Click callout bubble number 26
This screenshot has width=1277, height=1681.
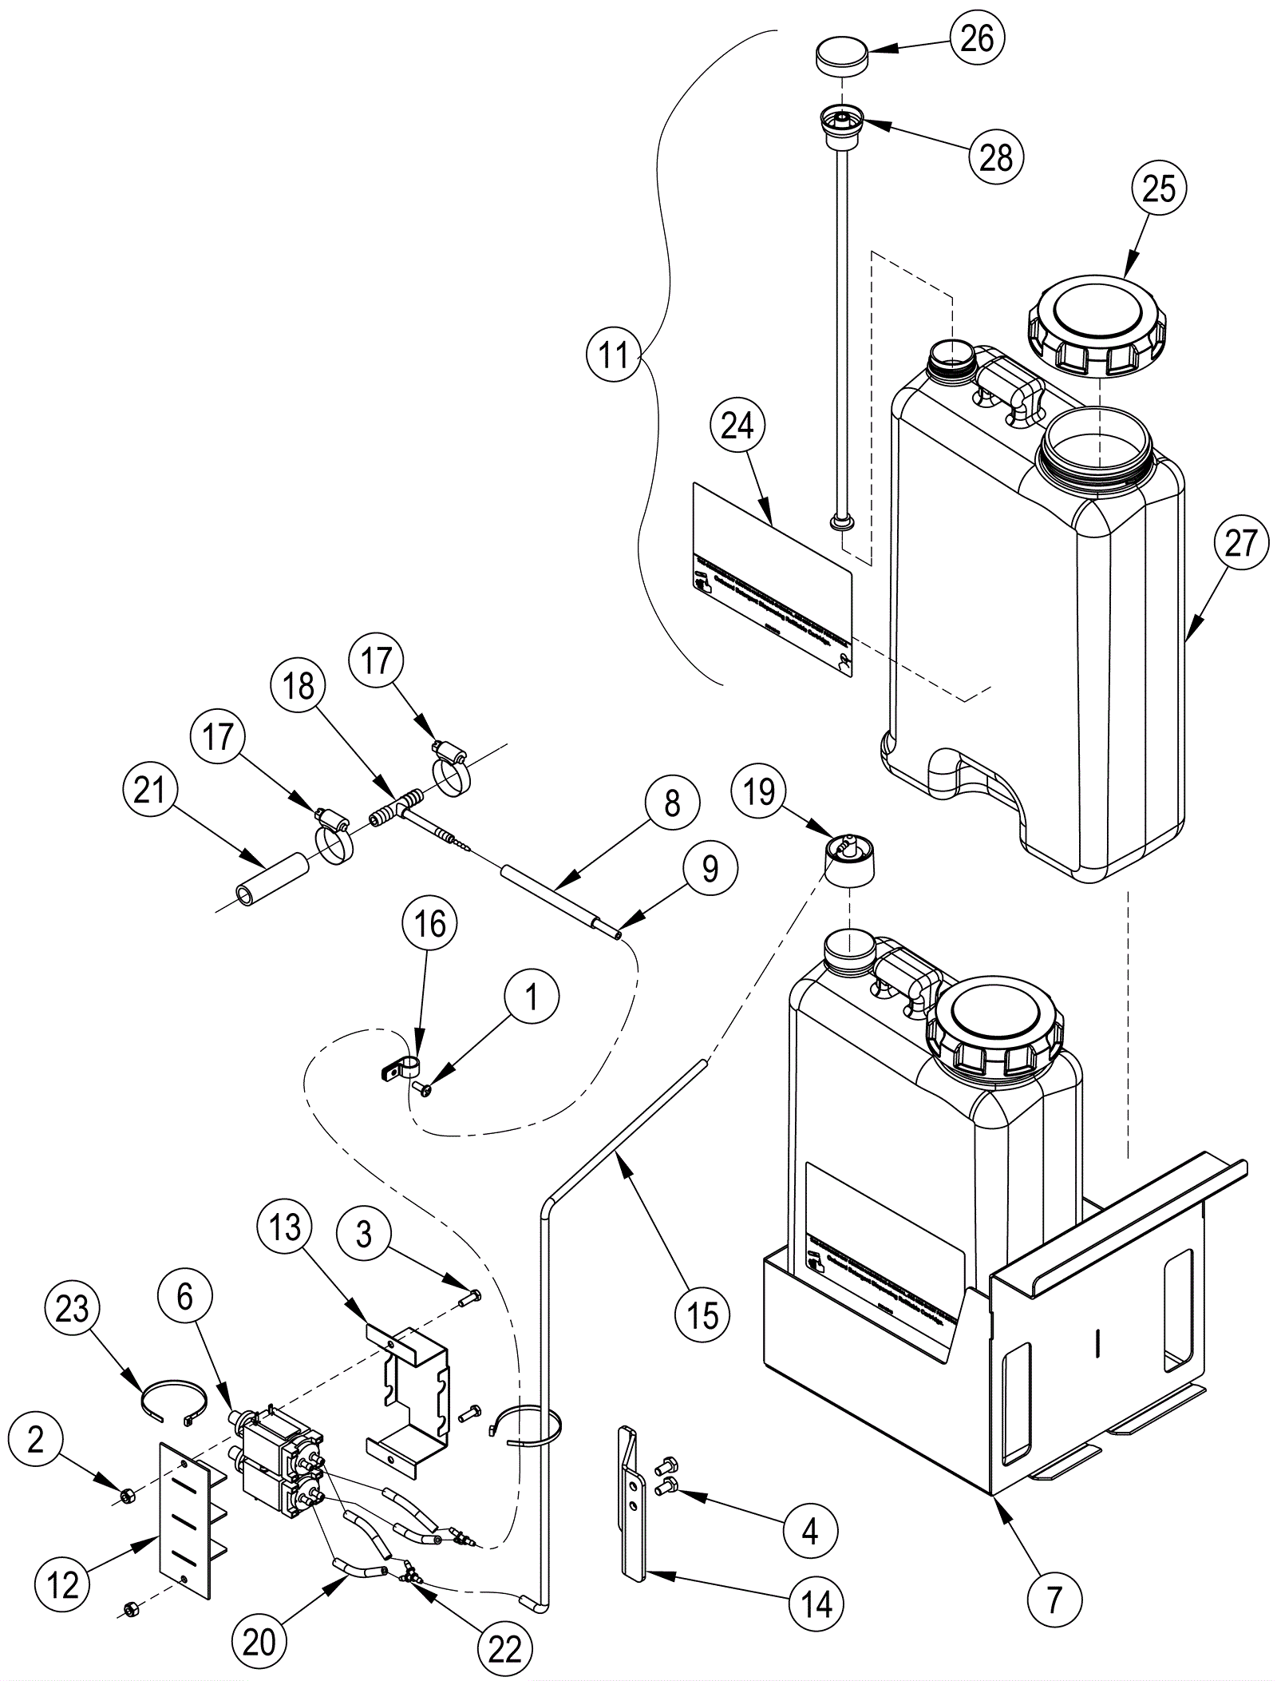tap(977, 38)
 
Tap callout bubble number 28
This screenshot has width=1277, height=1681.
tap(995, 158)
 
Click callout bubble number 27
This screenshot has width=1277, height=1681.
tap(1240, 544)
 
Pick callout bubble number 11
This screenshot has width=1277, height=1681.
tap(614, 355)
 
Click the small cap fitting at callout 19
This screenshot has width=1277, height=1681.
tap(848, 859)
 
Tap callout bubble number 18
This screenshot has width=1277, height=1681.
tap(298, 686)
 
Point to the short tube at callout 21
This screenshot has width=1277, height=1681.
tap(271, 879)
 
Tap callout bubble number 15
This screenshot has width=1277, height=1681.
tap(702, 1313)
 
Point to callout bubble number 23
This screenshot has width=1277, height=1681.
tap(72, 1309)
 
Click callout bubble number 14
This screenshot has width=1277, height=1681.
tap(816, 1603)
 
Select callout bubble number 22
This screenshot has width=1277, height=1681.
tap(504, 1649)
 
